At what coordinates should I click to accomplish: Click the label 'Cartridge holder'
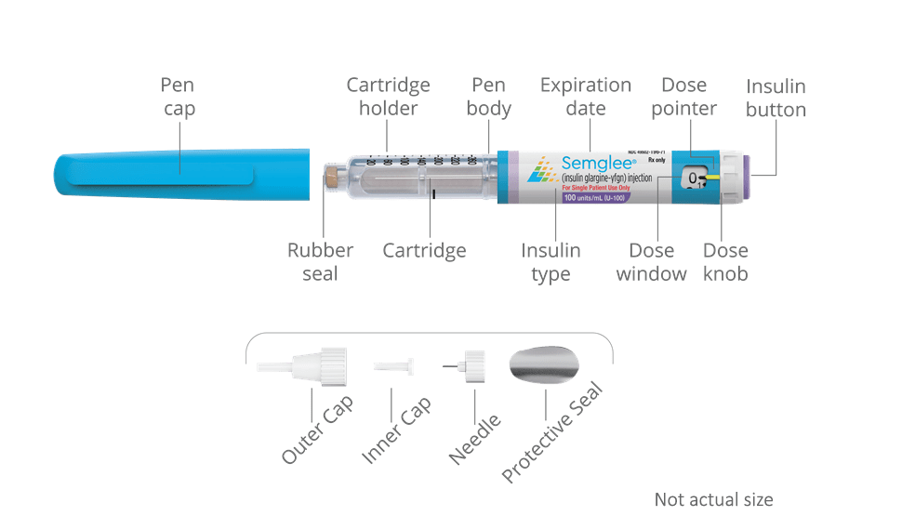[389, 97]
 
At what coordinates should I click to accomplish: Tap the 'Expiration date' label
[586, 97]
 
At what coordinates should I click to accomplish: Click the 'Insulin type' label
[551, 262]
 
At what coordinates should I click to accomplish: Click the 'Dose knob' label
[725, 262]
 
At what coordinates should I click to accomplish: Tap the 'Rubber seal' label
[320, 262]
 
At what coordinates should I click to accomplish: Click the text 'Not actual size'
[713, 500]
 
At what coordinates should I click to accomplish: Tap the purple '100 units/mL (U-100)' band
[596, 198]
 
